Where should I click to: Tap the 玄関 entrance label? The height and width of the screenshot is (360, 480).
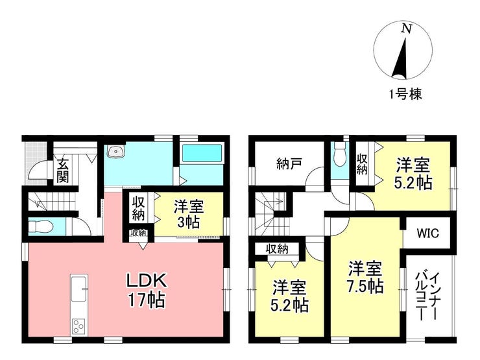tap(63, 171)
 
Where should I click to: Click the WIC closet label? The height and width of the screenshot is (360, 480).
tap(427, 234)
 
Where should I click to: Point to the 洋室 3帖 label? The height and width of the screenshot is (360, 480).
tap(189, 214)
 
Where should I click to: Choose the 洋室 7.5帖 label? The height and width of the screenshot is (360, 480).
tap(365, 278)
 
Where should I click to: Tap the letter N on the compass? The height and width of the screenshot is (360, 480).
tap(407, 29)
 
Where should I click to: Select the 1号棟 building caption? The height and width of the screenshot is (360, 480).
tap(405, 93)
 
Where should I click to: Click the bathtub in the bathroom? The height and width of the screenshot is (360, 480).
tap(202, 153)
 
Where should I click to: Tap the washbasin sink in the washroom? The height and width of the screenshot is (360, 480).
tap(115, 151)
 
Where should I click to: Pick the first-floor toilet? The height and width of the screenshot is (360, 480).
tap(41, 227)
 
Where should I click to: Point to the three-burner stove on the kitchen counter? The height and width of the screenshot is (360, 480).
tap(79, 326)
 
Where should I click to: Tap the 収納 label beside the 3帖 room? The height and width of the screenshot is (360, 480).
tap(138, 208)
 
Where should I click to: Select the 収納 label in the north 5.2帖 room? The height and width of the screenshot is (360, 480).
tap(362, 164)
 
